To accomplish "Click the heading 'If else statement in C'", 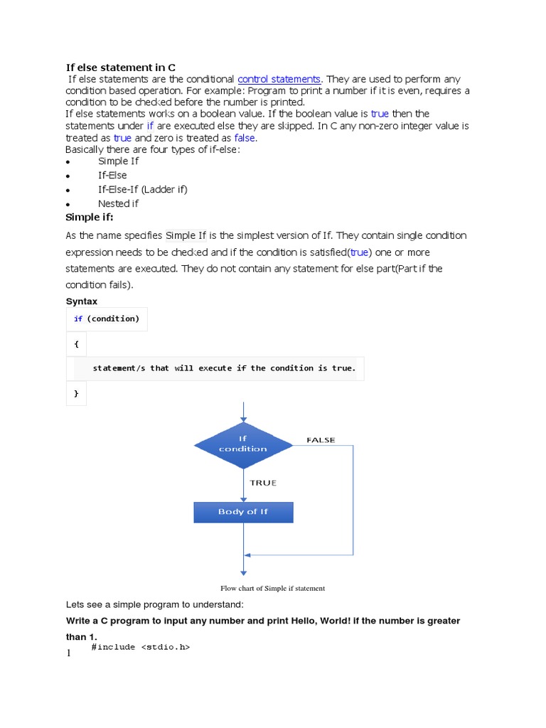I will point(121,68).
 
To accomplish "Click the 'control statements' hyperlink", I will point(279,79).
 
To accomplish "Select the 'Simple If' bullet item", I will point(118,161).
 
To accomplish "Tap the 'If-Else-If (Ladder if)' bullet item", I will point(142,189).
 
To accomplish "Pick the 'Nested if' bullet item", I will point(118,203).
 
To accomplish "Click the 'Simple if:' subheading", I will point(90,217).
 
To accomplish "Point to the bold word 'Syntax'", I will point(82,301).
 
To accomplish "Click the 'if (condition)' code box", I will point(107,318).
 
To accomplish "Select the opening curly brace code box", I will point(76,343).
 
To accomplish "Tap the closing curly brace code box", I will point(76,392).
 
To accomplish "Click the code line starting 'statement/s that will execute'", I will point(224,368).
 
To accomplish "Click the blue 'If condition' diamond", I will point(243,444).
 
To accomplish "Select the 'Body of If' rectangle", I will point(243,512).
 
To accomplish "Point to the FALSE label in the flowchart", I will point(321,440).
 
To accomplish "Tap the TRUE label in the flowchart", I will point(263,483).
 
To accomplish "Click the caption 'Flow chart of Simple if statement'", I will point(272,588).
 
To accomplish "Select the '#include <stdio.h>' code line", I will point(141,647).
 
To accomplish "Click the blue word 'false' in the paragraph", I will point(244,138).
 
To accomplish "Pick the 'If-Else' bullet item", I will point(112,175).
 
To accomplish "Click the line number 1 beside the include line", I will point(69,653).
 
